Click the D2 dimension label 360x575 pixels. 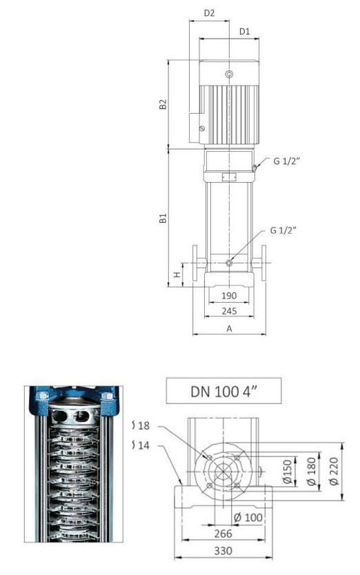(x=209, y=13)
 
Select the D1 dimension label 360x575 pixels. (x=244, y=32)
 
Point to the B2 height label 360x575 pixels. (x=163, y=104)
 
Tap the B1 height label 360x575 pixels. (x=163, y=218)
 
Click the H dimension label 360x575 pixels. (x=177, y=274)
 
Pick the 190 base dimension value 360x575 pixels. (x=229, y=296)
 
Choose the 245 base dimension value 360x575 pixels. (x=229, y=311)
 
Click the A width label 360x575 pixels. (x=230, y=329)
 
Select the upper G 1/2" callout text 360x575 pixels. (x=286, y=161)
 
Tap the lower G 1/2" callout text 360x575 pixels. (x=283, y=230)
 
